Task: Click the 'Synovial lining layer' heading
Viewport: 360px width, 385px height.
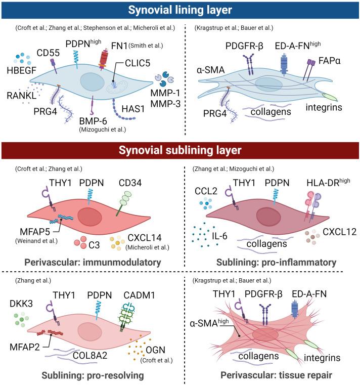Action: point(179,10)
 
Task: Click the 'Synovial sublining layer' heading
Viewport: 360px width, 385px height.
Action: point(179,151)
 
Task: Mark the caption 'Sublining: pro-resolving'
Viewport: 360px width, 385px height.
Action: point(88,375)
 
